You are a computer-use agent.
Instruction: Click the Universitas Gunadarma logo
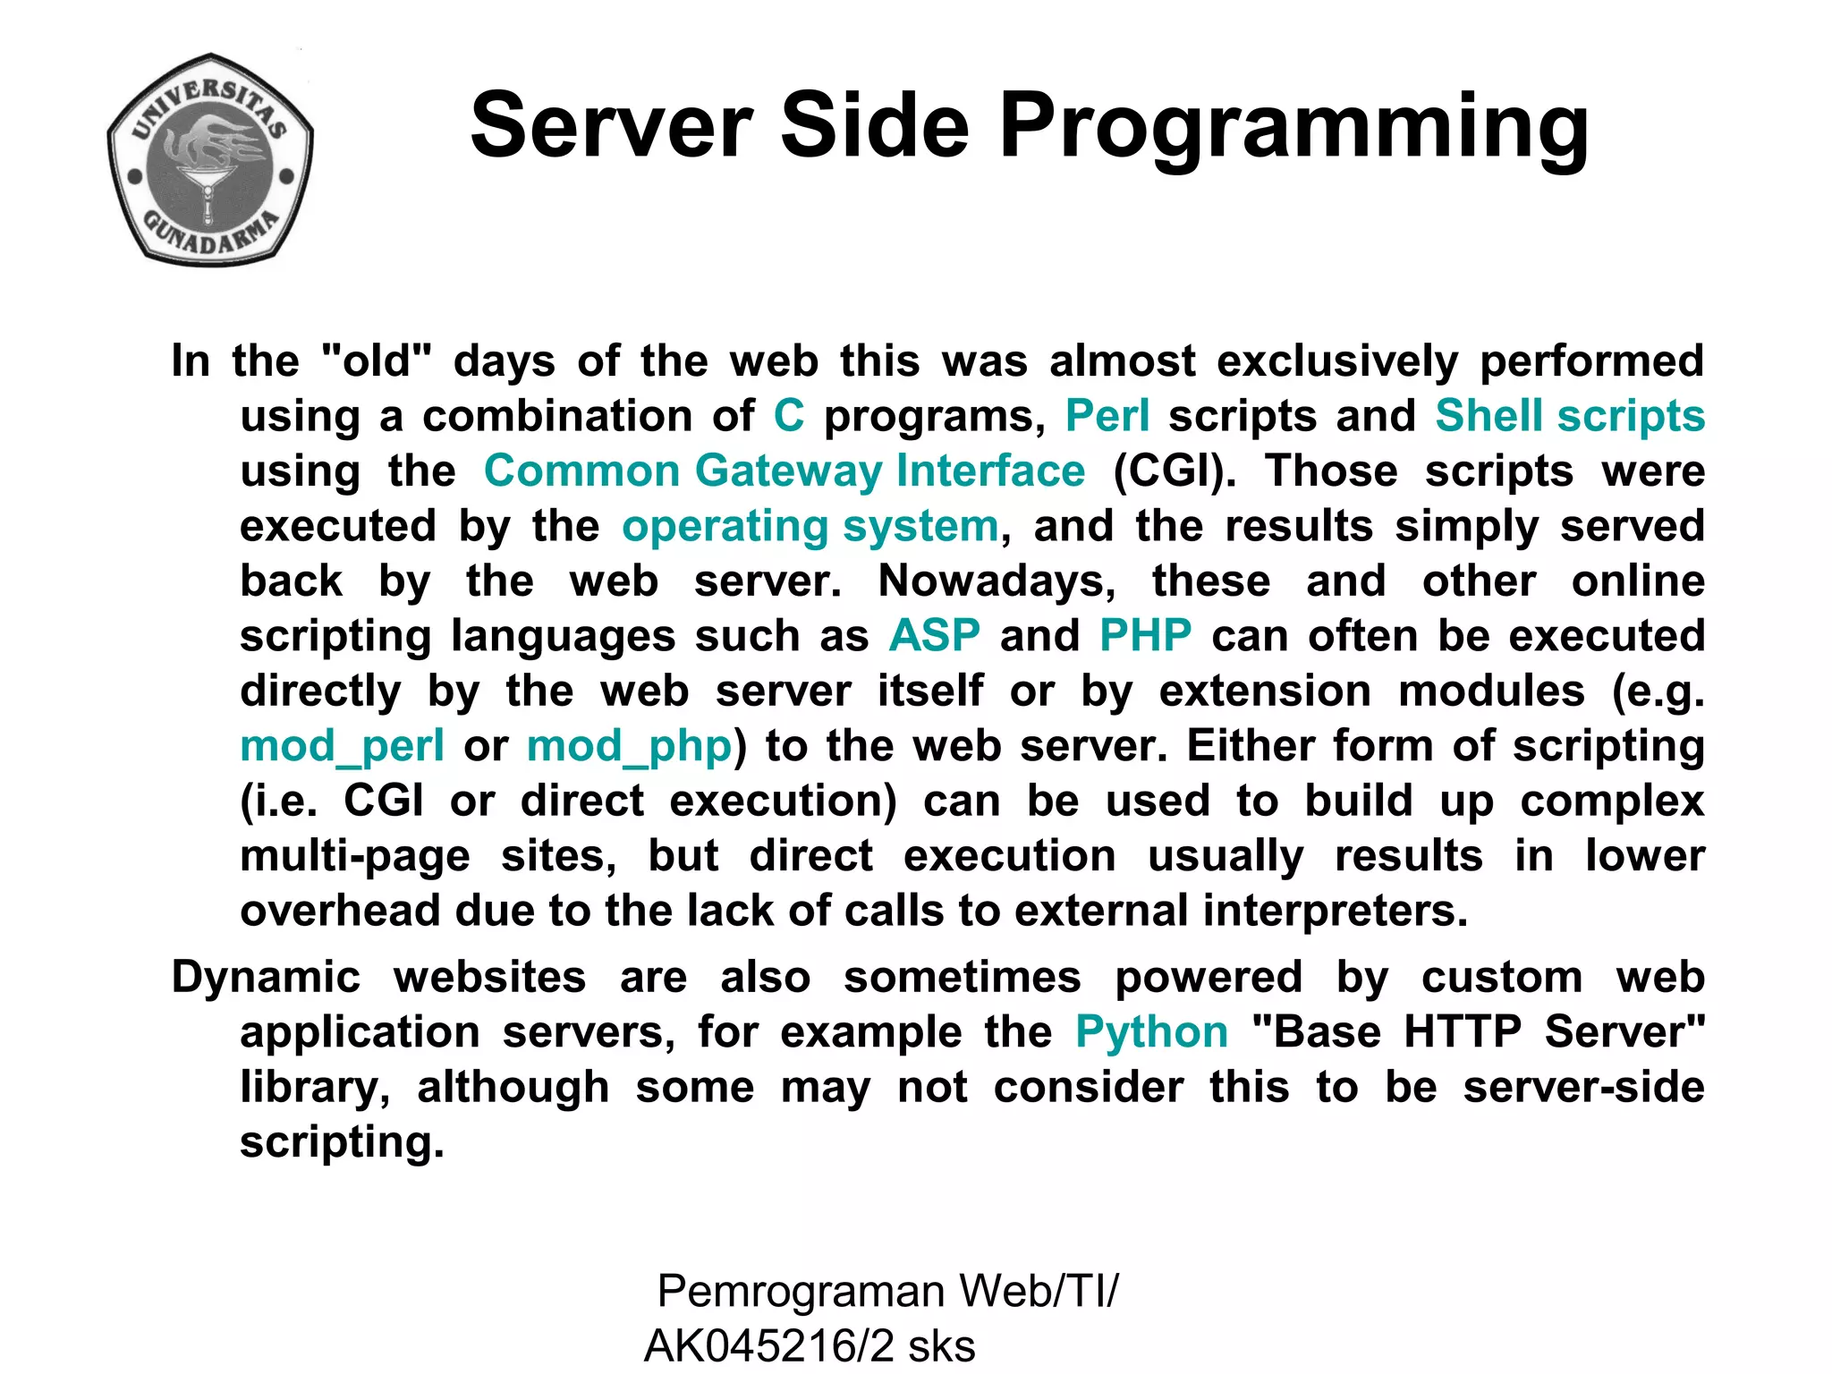[x=210, y=159]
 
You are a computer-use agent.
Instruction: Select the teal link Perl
[x=1107, y=416]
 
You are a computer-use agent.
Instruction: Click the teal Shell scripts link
[x=1569, y=416]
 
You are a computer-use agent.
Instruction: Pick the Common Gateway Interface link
[x=784, y=471]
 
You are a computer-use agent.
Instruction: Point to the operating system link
[x=810, y=526]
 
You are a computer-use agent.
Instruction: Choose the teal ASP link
[x=934, y=636]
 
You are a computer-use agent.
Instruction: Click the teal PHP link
[x=1145, y=636]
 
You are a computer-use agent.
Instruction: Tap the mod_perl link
[x=342, y=746]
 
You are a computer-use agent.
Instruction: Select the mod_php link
[x=629, y=746]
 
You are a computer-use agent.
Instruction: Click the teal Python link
[x=1151, y=1032]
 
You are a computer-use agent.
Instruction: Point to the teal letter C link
[x=789, y=416]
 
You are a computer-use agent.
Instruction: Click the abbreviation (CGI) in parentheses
[x=1175, y=471]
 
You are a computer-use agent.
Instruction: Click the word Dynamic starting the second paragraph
[x=266, y=977]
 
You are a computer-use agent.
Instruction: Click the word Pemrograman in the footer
[x=801, y=1292]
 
